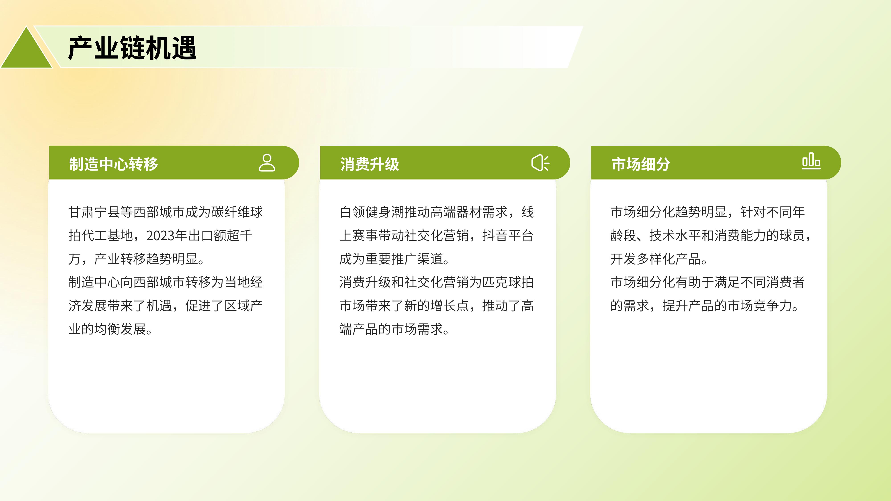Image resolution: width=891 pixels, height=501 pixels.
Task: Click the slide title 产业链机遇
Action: click(x=133, y=48)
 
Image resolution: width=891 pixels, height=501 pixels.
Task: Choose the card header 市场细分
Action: click(x=641, y=164)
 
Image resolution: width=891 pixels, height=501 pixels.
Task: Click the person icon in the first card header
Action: click(x=267, y=163)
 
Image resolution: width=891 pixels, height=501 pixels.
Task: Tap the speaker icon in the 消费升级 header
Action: click(x=540, y=163)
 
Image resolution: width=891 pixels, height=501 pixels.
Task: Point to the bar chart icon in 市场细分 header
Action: click(x=811, y=161)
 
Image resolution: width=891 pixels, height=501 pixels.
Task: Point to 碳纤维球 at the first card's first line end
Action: click(x=237, y=212)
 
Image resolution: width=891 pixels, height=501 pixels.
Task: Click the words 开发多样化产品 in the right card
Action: click(x=656, y=259)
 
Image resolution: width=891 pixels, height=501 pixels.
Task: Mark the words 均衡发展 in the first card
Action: click(x=120, y=329)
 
